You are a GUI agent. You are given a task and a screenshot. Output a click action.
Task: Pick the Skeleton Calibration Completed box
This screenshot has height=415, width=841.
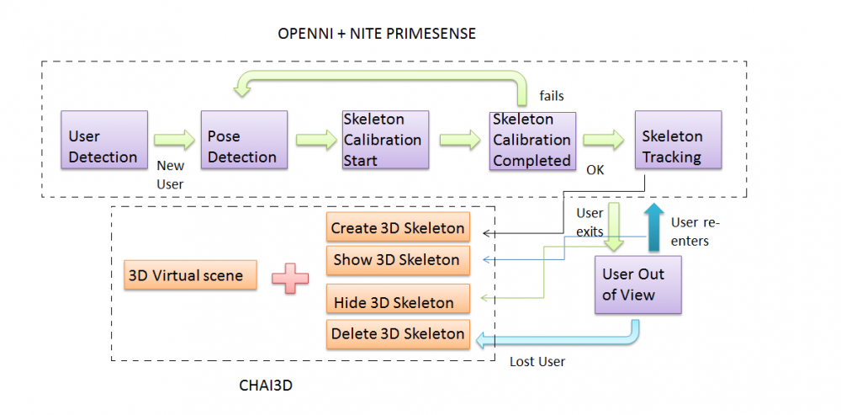[532, 140]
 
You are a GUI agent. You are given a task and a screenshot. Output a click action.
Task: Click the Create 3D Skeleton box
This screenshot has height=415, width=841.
[397, 228]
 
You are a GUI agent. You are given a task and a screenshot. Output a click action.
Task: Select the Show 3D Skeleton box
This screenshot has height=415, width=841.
[397, 260]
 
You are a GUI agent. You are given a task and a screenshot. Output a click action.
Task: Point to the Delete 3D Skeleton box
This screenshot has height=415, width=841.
[397, 334]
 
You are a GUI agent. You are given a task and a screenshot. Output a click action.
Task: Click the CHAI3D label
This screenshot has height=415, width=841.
[265, 386]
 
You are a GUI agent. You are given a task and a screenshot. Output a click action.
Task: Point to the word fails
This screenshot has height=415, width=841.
[552, 96]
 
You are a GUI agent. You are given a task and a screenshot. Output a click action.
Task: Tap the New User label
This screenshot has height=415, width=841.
[171, 175]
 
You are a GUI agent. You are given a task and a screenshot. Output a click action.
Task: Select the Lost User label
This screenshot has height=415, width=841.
[537, 362]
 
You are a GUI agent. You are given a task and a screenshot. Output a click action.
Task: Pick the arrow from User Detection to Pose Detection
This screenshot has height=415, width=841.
[174, 139]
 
